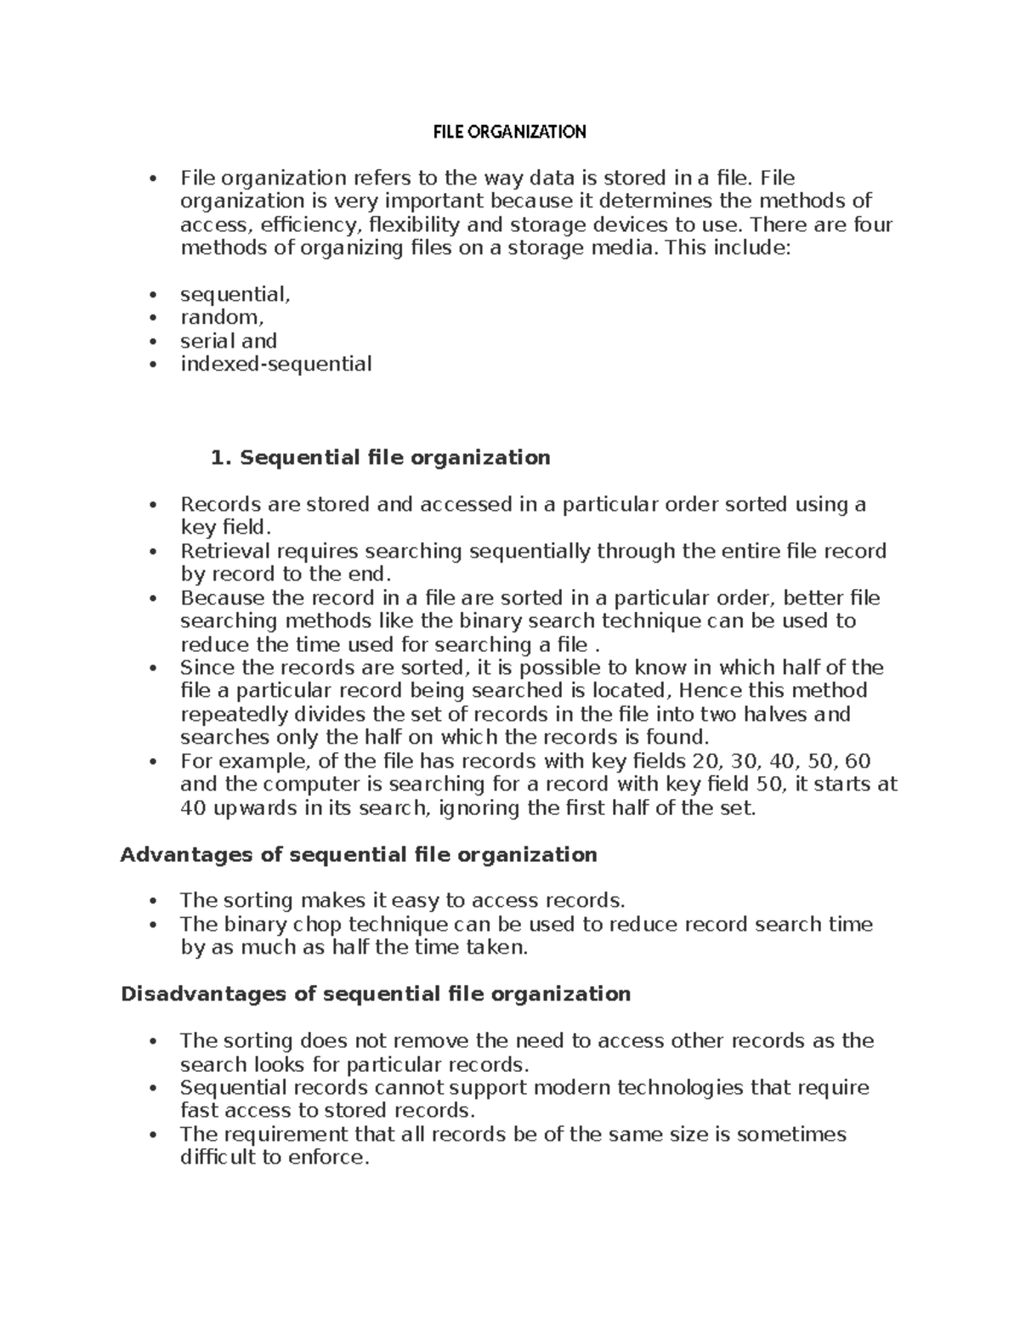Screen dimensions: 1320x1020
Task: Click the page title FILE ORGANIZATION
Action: (x=509, y=132)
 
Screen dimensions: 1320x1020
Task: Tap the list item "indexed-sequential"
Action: (x=275, y=364)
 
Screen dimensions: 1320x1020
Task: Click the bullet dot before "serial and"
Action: (x=153, y=342)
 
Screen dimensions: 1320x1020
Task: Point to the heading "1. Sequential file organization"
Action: (x=380, y=457)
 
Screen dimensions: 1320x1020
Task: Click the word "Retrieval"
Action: (x=220, y=551)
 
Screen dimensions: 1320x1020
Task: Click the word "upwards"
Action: (x=254, y=807)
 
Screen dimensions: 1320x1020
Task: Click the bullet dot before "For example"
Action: (x=153, y=762)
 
